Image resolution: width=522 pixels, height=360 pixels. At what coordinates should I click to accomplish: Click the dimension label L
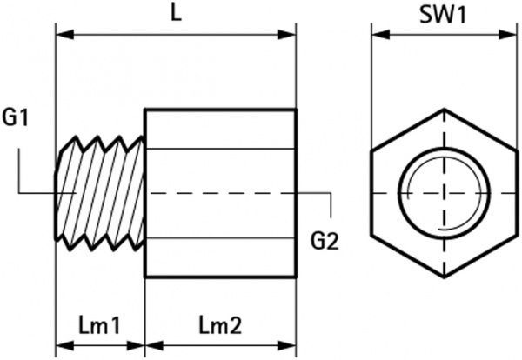click(176, 15)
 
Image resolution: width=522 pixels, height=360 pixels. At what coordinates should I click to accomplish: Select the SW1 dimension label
click(443, 15)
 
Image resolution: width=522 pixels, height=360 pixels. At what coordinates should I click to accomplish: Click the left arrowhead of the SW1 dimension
click(378, 36)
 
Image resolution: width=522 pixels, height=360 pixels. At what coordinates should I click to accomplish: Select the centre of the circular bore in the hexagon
click(444, 190)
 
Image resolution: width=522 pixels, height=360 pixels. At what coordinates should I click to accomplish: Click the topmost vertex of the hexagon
click(444, 110)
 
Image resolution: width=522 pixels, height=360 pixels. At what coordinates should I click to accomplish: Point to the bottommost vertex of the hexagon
click(444, 271)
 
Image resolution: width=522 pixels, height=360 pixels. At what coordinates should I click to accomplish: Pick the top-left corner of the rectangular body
click(144, 110)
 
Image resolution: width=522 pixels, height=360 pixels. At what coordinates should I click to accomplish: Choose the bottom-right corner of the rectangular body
click(297, 277)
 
